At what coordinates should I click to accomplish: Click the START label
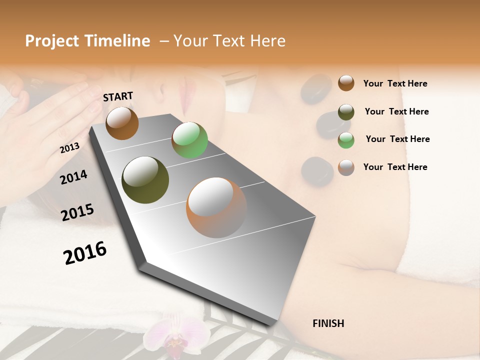pyautogui.click(x=118, y=96)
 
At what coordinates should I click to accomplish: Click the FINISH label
pyautogui.click(x=328, y=323)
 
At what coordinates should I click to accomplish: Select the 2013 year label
pyautogui.click(x=69, y=148)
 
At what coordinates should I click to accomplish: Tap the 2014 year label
pyautogui.click(x=73, y=177)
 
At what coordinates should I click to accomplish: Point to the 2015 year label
pyautogui.click(x=77, y=212)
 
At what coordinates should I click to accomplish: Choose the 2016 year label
pyautogui.click(x=85, y=253)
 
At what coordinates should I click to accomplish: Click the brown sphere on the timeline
pyautogui.click(x=122, y=123)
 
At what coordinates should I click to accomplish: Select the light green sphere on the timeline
pyautogui.click(x=189, y=140)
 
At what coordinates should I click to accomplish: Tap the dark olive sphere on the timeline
pyautogui.click(x=145, y=180)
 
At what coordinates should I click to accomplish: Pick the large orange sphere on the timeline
pyautogui.click(x=216, y=207)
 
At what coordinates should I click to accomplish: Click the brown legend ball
pyautogui.click(x=346, y=83)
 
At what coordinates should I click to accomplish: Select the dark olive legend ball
pyautogui.click(x=346, y=111)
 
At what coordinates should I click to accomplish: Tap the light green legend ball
pyautogui.click(x=346, y=140)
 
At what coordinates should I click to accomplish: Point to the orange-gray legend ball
pyautogui.click(x=346, y=167)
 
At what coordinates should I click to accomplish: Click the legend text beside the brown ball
pyautogui.click(x=395, y=83)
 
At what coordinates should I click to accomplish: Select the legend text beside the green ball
pyautogui.click(x=397, y=139)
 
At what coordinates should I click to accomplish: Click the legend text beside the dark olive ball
pyautogui.click(x=396, y=111)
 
